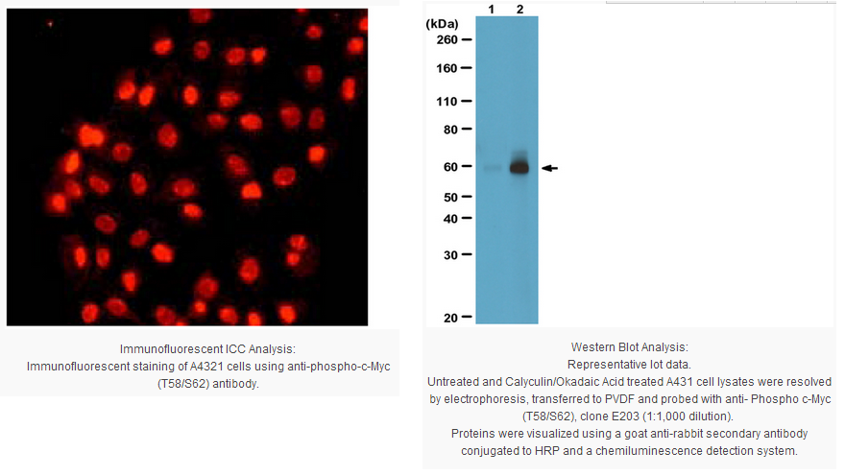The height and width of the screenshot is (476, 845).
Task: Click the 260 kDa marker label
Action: click(447, 40)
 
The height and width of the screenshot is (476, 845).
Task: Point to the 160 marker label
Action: click(447, 68)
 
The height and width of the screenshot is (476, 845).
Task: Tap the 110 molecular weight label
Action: click(447, 101)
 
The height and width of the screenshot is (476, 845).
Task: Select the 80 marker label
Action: click(450, 130)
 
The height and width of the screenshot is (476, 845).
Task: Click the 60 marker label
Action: click(450, 167)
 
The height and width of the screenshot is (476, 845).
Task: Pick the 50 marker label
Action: click(450, 198)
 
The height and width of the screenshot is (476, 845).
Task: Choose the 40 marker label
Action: click(450, 219)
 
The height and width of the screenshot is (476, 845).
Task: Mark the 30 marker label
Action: click(450, 254)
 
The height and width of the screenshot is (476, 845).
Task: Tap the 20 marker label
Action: click(450, 319)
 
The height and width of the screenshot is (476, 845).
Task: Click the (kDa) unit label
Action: click(442, 24)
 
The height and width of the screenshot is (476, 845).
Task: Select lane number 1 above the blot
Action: click(492, 10)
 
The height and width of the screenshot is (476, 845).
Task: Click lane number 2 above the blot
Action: click(520, 10)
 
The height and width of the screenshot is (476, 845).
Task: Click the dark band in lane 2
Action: click(519, 167)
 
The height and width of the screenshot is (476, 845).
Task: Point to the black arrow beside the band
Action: click(549, 169)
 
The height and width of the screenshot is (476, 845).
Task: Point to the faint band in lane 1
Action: click(492, 168)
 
